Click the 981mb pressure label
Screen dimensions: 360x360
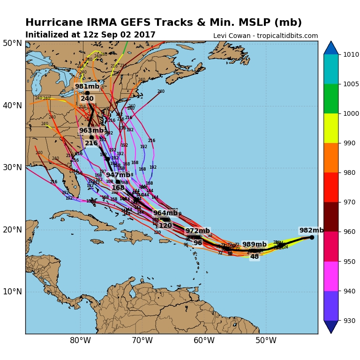point(87,87)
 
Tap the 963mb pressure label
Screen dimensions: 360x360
point(91,131)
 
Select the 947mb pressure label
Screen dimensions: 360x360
point(118,175)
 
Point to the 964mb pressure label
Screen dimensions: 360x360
point(165,213)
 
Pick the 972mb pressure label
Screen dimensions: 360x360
point(197,231)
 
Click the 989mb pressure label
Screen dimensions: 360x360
point(254,245)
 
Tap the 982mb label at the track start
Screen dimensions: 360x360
point(311,231)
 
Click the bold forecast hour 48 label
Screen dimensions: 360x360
point(255,257)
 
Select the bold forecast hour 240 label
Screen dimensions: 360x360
point(87,99)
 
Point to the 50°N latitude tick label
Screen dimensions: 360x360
point(12,44)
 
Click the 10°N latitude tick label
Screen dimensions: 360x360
point(12,292)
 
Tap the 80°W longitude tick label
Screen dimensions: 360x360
point(80,341)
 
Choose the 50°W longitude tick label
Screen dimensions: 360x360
point(266,341)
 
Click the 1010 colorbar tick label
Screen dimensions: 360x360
point(350,54)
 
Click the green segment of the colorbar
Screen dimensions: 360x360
point(331,98)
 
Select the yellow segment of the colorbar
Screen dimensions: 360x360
point(331,128)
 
